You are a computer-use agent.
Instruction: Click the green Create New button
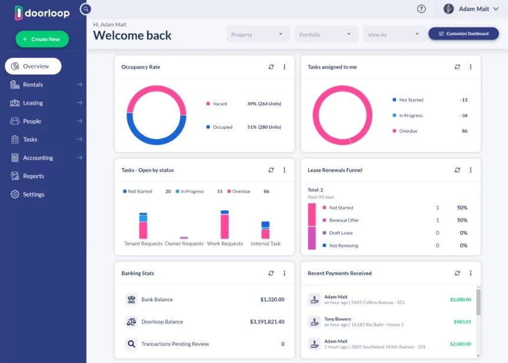(x=42, y=39)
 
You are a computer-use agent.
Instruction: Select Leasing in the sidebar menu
(x=33, y=103)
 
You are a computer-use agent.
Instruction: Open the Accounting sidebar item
(x=38, y=158)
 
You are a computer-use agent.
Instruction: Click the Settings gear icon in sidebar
(x=15, y=194)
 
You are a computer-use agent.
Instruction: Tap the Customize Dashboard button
(x=463, y=34)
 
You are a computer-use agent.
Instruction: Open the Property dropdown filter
(x=258, y=35)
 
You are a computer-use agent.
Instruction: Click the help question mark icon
(x=421, y=9)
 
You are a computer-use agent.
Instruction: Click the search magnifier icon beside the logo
(x=86, y=9)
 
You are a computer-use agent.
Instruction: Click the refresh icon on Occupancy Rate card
(x=271, y=67)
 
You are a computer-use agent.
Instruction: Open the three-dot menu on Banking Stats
(x=284, y=273)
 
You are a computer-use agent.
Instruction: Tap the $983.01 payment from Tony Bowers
(x=462, y=322)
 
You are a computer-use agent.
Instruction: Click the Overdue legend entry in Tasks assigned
(x=408, y=131)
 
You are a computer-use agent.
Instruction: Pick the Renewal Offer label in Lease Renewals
(x=344, y=220)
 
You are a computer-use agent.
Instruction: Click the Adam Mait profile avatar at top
(x=448, y=9)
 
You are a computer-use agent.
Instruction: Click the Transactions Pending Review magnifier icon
(x=131, y=344)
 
